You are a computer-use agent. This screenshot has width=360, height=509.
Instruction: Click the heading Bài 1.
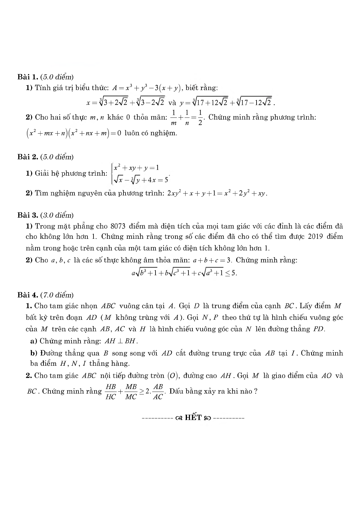click(x=28, y=77)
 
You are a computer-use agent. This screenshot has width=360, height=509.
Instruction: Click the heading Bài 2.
click(x=28, y=157)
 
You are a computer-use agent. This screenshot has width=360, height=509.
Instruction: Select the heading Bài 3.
click(x=28, y=215)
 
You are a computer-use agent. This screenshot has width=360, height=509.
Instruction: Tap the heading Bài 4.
click(x=28, y=295)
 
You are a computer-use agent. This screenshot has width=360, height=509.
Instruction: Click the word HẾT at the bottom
click(x=193, y=418)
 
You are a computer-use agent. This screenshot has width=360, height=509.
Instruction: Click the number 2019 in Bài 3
click(x=316, y=236)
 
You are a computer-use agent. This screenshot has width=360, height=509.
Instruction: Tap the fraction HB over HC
click(x=111, y=392)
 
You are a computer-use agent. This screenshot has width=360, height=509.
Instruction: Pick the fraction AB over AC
click(x=158, y=392)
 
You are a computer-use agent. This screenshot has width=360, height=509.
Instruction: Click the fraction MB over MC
click(x=131, y=392)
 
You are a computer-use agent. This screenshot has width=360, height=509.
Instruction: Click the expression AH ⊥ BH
click(x=121, y=341)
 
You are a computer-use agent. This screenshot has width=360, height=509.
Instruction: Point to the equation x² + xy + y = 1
click(x=136, y=168)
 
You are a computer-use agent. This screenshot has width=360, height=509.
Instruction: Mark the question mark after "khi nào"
click(x=256, y=391)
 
